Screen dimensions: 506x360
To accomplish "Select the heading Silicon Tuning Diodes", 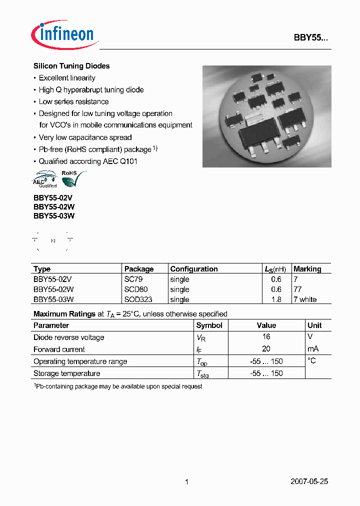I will pyautogui.click(x=71, y=66).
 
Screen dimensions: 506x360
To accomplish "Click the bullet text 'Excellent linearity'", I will pyautogui.click(x=67, y=78).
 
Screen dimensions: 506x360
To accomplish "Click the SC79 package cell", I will pyautogui.click(x=133, y=279).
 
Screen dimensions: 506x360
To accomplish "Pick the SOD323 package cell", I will pyautogui.click(x=138, y=299).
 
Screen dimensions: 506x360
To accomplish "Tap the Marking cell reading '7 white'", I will pyautogui.click(x=305, y=299).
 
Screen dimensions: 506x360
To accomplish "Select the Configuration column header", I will pyautogui.click(x=194, y=269).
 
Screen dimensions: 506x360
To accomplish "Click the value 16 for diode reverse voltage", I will pyautogui.click(x=266, y=337).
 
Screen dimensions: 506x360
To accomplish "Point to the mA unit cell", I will pyautogui.click(x=313, y=349).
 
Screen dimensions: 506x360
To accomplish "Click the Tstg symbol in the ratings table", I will pyautogui.click(x=202, y=374).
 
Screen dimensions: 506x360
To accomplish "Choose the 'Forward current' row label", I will pyautogui.click(x=59, y=349).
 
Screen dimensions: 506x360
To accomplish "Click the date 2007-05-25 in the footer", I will pyautogui.click(x=309, y=481).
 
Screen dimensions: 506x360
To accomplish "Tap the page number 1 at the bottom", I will pyautogui.click(x=186, y=482).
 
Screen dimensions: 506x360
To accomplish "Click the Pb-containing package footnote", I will pyautogui.click(x=118, y=386).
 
